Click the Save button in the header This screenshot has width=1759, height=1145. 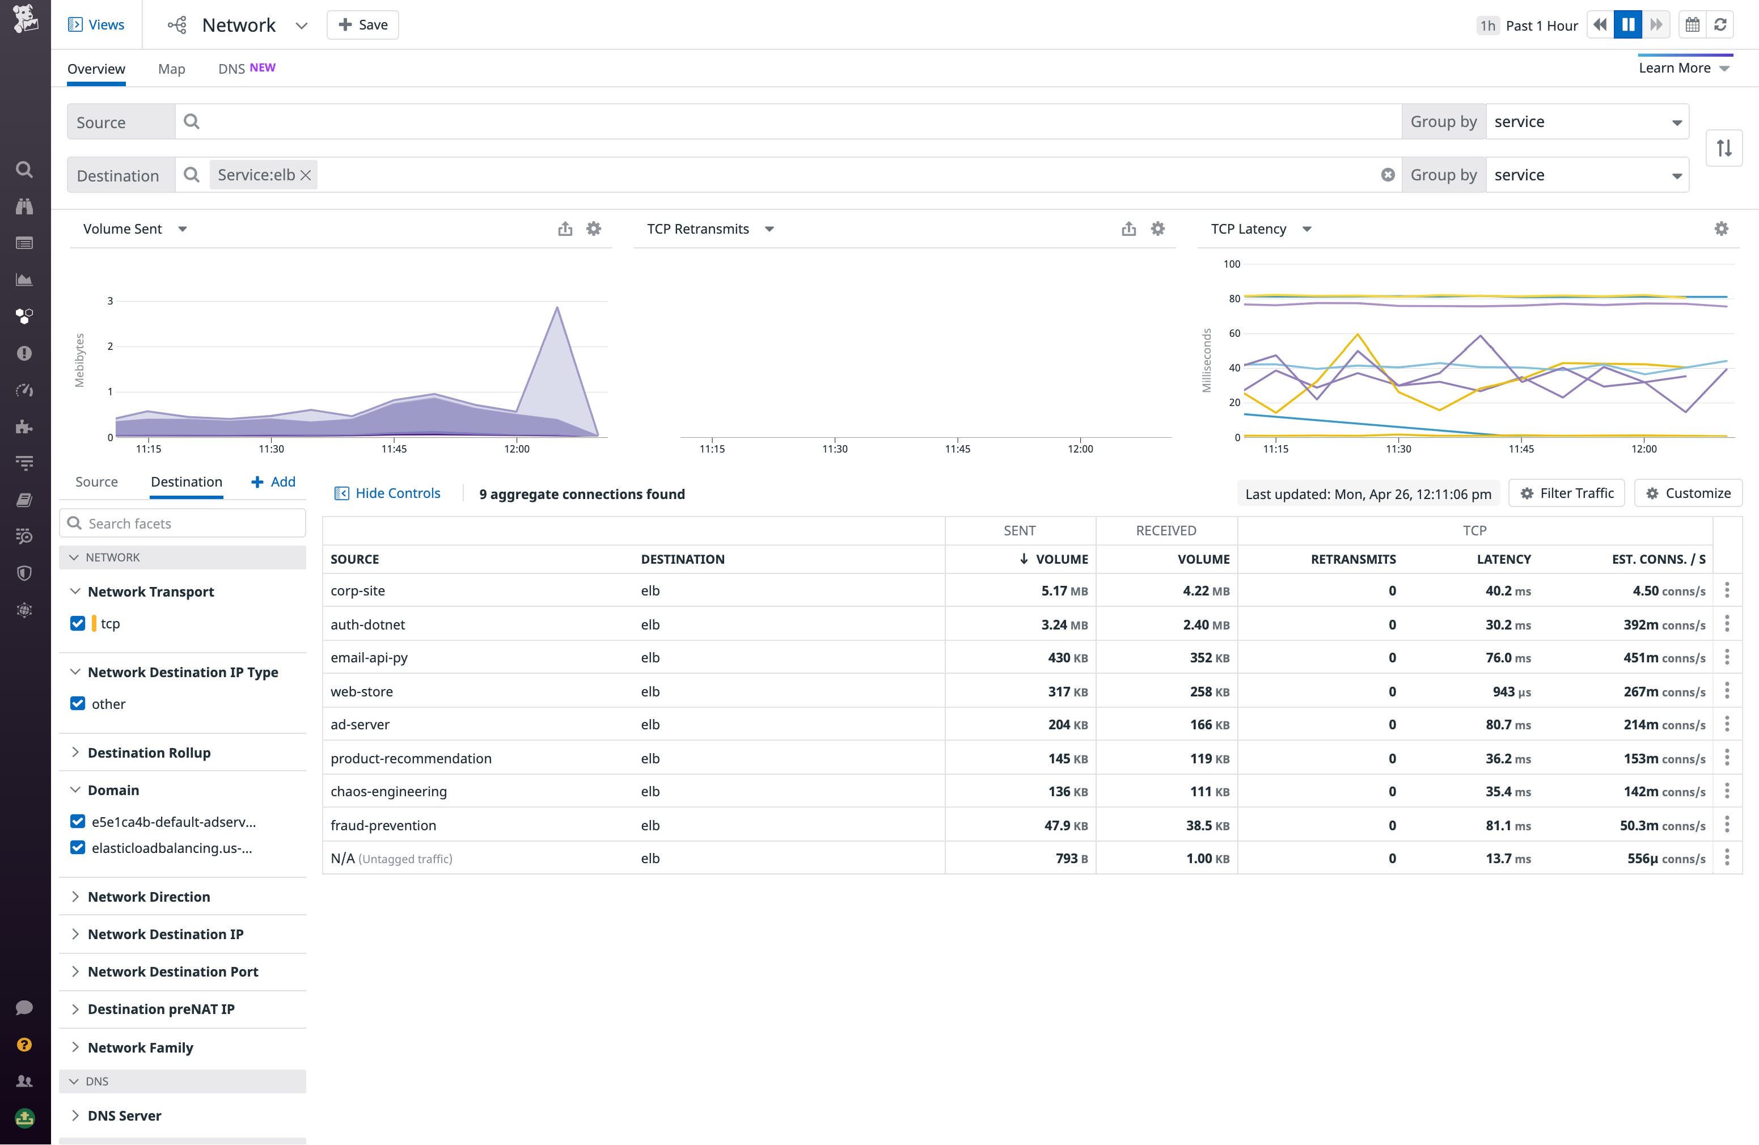pyautogui.click(x=362, y=25)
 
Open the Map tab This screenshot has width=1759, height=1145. pyautogui.click(x=171, y=69)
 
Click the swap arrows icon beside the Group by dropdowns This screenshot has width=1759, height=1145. pyautogui.click(x=1723, y=148)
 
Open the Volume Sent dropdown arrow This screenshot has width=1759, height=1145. pyautogui.click(x=183, y=229)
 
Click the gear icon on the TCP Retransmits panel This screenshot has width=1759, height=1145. pyautogui.click(x=1157, y=229)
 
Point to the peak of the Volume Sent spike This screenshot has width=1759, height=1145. pyautogui.click(x=556, y=307)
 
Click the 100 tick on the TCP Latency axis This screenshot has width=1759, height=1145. pyautogui.click(x=1231, y=264)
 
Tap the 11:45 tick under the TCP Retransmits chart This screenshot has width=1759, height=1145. pyautogui.click(x=957, y=449)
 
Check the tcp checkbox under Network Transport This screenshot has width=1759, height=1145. pyautogui.click(x=78, y=623)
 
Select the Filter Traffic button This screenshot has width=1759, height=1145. pyautogui.click(x=1566, y=493)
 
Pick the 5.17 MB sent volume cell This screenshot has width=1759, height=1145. pyautogui.click(x=1064, y=590)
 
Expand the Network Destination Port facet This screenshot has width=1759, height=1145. pyautogui.click(x=172, y=972)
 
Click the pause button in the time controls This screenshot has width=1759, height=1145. pyautogui.click(x=1627, y=25)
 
